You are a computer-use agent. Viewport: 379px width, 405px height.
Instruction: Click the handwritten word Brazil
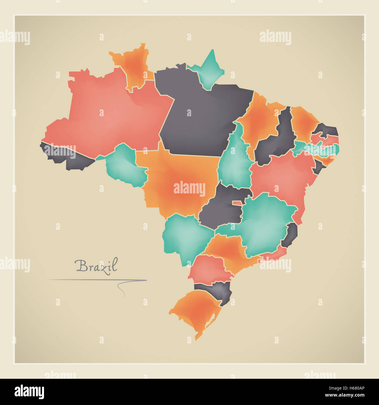pos(96,265)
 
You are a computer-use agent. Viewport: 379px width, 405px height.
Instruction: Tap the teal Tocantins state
pos(235,163)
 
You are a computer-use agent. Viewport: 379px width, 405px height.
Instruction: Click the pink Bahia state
pos(283,178)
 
